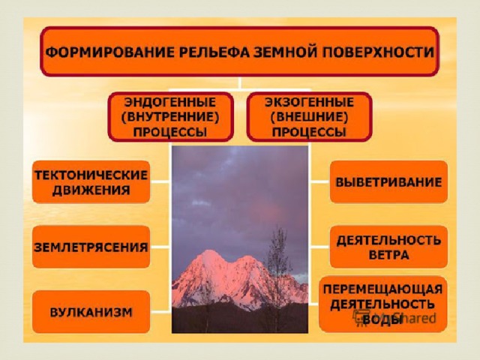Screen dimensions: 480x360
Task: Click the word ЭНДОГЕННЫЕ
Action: pyautogui.click(x=170, y=102)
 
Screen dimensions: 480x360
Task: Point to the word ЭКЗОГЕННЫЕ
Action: pyautogui.click(x=309, y=102)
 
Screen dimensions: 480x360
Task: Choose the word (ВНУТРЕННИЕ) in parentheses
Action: pyautogui.click(x=170, y=117)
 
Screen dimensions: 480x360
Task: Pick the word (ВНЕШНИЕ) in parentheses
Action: pyautogui.click(x=309, y=117)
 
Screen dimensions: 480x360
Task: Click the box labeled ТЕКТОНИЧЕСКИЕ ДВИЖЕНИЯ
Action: pyautogui.click(x=91, y=181)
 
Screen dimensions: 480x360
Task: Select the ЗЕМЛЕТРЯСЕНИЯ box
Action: pyautogui.click(x=91, y=247)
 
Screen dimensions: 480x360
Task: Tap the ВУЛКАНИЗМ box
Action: pyautogui.click(x=91, y=312)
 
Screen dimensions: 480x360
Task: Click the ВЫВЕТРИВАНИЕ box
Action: pyautogui.click(x=388, y=181)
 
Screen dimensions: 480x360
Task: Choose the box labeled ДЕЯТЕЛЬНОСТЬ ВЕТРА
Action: pyautogui.click(x=388, y=247)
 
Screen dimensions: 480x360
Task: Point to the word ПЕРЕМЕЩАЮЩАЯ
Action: pyautogui.click(x=383, y=289)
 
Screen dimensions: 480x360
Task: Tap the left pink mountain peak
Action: pyautogui.click(x=210, y=253)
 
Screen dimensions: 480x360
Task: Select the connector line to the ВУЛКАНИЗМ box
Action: pyautogui.click(x=160, y=312)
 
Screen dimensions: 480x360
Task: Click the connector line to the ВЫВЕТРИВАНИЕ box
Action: pyautogui.click(x=319, y=181)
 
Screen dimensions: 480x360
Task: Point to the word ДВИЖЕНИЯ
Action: pyautogui.click(x=91, y=190)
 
